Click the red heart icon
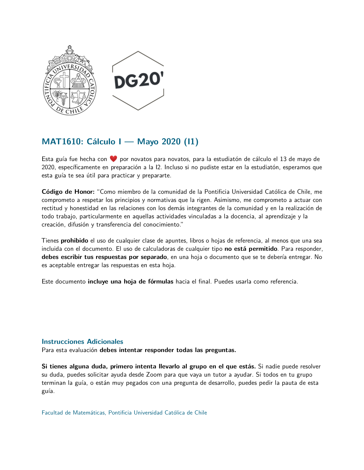[113, 159]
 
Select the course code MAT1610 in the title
[62, 142]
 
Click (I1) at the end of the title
[191, 142]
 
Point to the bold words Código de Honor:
[68, 192]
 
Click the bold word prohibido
[74, 240]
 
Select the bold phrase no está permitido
[251, 249]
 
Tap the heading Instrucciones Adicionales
[82, 341]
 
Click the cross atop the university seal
[70, 48]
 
